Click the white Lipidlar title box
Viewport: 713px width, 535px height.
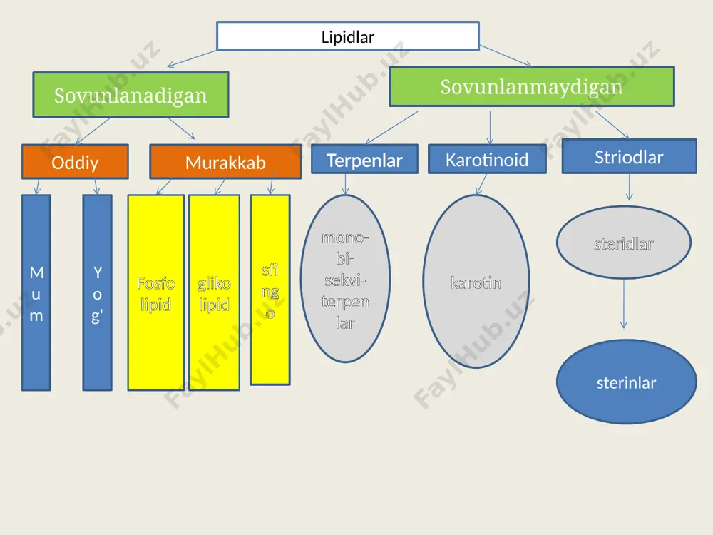tap(348, 36)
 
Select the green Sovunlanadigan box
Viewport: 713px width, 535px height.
tap(130, 95)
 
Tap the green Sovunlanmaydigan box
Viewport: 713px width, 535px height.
tap(532, 86)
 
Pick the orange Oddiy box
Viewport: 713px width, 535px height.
tap(75, 162)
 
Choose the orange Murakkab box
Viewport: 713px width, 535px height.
tap(225, 162)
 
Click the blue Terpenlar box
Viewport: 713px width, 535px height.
tap(364, 159)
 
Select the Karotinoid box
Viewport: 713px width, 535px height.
tap(487, 159)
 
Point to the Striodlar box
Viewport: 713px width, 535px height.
tap(629, 156)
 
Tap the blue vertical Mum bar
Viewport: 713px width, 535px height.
tap(36, 292)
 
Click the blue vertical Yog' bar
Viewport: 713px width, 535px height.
tap(97, 292)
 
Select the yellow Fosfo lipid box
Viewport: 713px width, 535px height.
tap(155, 292)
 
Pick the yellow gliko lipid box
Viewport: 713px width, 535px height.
tap(214, 292)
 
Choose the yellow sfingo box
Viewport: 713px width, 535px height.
tap(270, 290)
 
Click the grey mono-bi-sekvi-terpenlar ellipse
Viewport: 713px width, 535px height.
tap(345, 278)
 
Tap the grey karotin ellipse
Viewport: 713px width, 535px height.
tap(476, 281)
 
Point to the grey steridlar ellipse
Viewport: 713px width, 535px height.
tap(624, 243)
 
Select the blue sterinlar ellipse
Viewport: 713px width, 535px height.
tap(627, 382)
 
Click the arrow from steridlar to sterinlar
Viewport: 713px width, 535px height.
tap(624, 304)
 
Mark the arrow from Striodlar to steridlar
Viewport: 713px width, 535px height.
tap(630, 187)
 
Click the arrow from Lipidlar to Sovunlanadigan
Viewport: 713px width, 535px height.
tap(192, 58)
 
